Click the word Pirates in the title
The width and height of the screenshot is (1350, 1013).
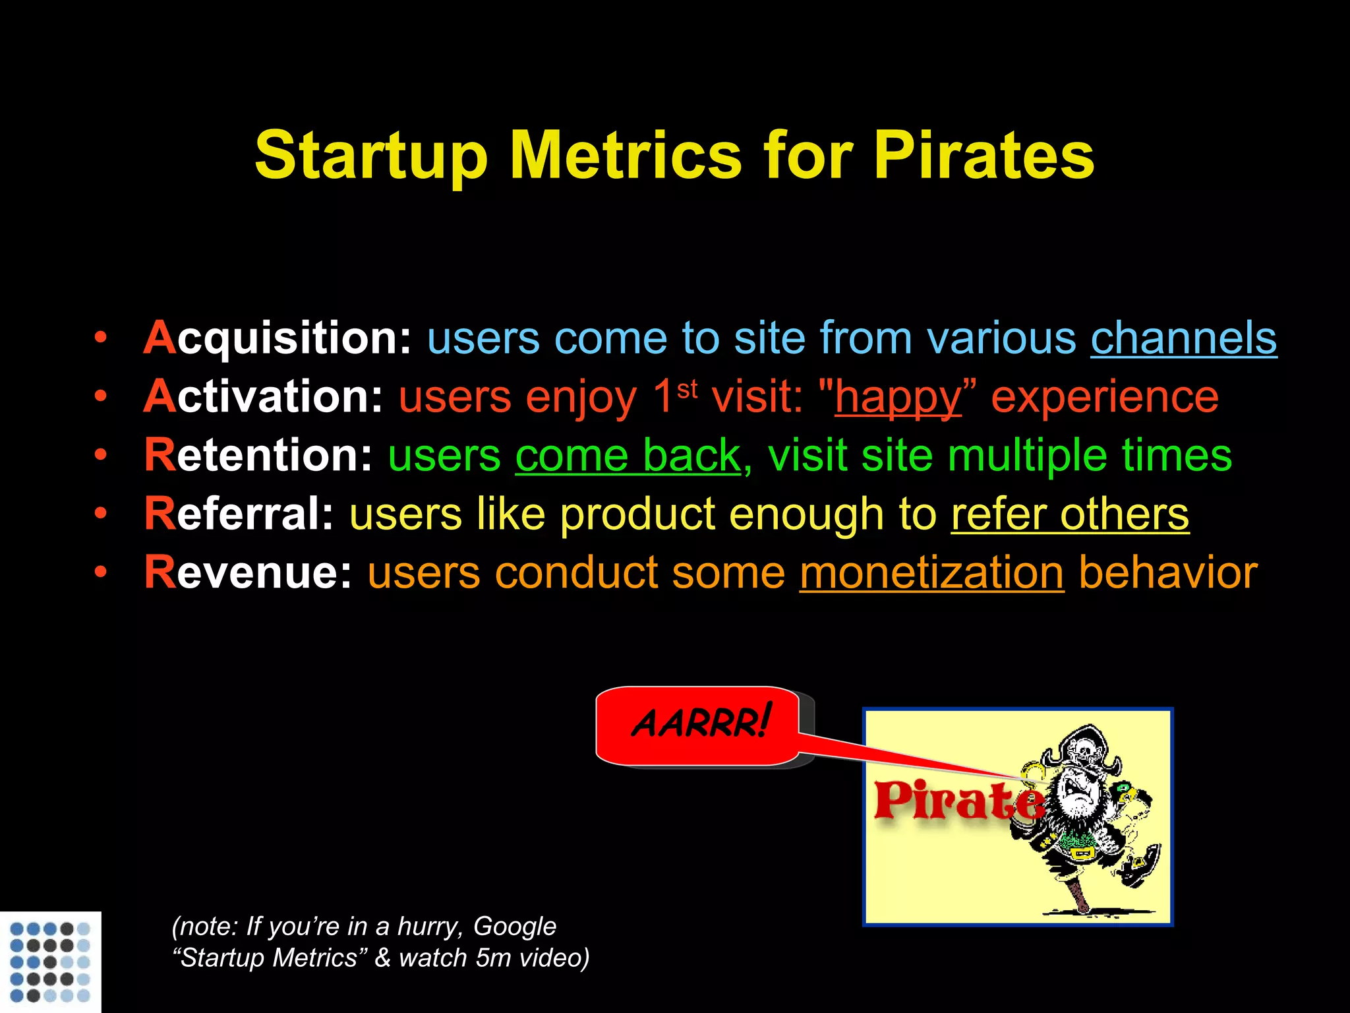(983, 155)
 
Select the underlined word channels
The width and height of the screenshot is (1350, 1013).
(1183, 338)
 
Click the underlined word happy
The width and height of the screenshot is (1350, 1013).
(898, 397)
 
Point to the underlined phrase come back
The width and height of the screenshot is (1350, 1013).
(628, 455)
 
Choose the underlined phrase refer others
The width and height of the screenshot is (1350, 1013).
(1070, 514)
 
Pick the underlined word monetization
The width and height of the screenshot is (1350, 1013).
(931, 572)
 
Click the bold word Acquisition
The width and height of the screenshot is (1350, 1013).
(278, 338)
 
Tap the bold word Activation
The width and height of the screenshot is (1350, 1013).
(263, 397)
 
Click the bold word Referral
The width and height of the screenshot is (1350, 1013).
(239, 514)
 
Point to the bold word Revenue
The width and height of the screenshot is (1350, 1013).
(249, 572)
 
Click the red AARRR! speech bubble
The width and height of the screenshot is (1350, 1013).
(698, 725)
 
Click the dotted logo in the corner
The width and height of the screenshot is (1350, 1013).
(50, 962)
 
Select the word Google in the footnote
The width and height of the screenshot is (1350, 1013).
(515, 927)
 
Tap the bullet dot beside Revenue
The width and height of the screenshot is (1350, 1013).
(100, 572)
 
